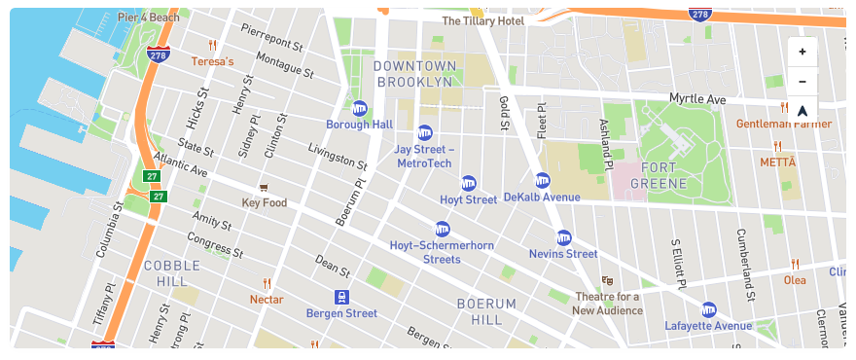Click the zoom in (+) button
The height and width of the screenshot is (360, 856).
click(802, 52)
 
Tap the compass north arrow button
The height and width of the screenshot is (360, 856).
click(802, 110)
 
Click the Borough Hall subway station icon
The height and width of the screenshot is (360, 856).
click(359, 108)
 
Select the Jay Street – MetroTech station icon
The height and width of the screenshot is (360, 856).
click(424, 132)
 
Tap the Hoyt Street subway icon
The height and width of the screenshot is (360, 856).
click(468, 183)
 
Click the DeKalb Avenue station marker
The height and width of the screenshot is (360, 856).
click(542, 180)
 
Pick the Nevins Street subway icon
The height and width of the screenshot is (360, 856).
click(563, 237)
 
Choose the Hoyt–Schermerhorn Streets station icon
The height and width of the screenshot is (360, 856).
click(443, 229)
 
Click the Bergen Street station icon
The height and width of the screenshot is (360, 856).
click(341, 297)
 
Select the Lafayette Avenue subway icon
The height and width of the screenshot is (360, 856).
click(708, 308)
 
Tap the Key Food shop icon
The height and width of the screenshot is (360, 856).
click(263, 187)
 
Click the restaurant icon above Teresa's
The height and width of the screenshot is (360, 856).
click(212, 46)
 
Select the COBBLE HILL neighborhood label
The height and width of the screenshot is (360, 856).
click(172, 272)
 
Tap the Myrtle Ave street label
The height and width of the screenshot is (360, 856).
click(697, 99)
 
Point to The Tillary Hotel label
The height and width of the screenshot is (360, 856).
click(483, 20)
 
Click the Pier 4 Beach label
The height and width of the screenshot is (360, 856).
click(149, 18)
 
